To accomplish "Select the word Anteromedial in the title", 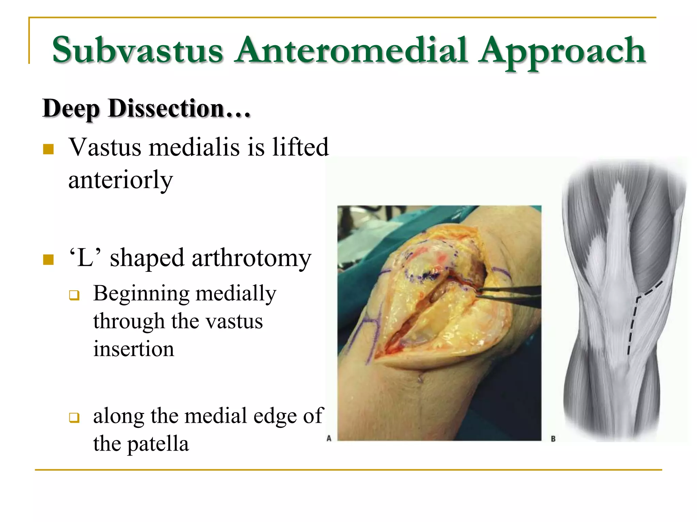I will (351, 50).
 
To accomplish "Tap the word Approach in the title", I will (562, 51).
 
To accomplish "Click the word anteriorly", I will (120, 180).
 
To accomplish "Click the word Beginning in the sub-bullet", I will (141, 294).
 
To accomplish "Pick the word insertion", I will (133, 349).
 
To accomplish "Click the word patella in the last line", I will (158, 444).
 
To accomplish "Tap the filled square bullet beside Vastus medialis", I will (48, 149).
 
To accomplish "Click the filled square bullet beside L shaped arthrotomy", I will (48, 260).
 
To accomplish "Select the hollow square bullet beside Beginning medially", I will (74, 295).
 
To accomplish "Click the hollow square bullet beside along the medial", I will (74, 417).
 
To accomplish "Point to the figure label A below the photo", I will (329, 438).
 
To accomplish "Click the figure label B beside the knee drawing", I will (553, 439).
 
